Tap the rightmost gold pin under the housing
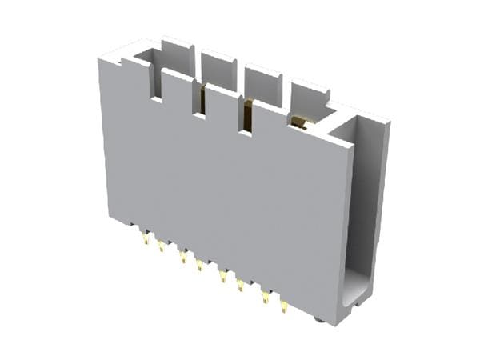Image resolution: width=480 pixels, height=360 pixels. click(284, 306)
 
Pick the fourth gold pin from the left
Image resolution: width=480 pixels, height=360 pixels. click(199, 264)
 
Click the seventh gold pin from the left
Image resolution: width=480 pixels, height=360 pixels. click(265, 297)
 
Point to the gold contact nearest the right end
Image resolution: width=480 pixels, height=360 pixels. click(299, 122)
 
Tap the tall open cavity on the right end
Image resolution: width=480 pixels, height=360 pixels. click(362, 208)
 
